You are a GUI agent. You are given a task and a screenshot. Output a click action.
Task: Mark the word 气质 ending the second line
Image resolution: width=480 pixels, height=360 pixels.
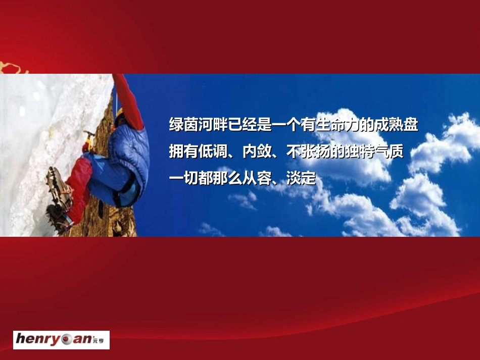pyautogui.click(x=392, y=151)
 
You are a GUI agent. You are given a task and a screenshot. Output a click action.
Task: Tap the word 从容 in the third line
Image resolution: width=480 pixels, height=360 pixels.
pyautogui.click(x=256, y=178)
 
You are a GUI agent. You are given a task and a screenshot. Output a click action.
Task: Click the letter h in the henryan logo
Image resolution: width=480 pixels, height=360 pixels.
pyautogui.click(x=21, y=339)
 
